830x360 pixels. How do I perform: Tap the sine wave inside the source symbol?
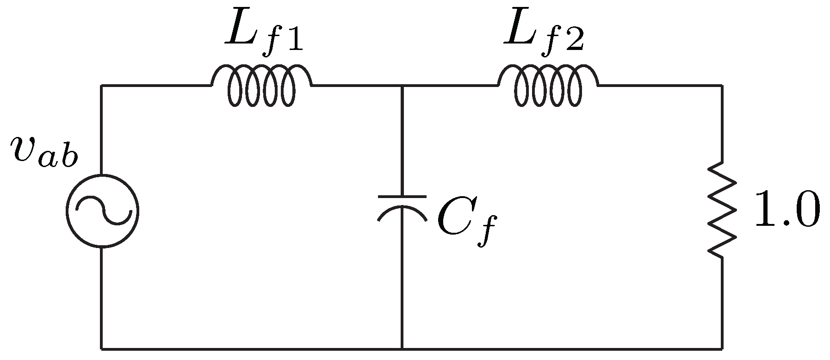102,211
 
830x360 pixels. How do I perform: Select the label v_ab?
44,154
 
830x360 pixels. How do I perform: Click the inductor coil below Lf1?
261,86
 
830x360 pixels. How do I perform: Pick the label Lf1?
264,32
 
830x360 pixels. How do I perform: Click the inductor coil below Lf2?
548,86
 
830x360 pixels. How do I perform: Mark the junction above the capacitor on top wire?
402,86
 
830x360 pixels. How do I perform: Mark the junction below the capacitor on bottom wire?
402,348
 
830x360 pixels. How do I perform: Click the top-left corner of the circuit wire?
102,86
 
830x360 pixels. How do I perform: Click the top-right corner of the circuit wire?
721,86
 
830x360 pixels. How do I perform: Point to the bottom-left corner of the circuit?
102,348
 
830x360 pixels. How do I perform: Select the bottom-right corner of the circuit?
721,348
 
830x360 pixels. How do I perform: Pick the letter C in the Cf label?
453,217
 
